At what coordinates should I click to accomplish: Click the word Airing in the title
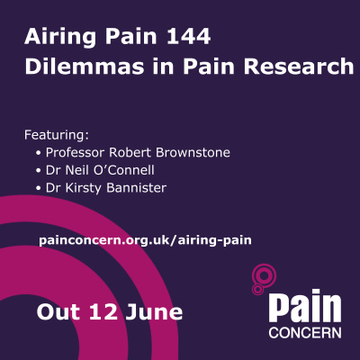(55, 39)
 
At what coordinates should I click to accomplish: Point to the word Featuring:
(57, 135)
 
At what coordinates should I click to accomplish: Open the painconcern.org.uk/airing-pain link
(145, 240)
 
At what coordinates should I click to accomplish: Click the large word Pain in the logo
(305, 307)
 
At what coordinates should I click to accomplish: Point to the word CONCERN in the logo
(305, 332)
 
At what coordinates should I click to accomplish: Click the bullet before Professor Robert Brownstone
(39, 152)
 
